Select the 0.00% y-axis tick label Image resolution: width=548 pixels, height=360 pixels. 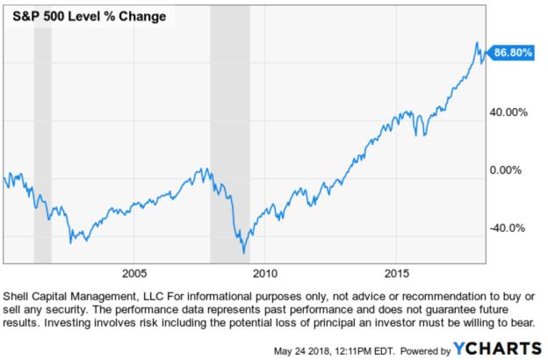(x=508, y=170)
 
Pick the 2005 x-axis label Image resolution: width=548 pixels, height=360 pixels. (x=133, y=272)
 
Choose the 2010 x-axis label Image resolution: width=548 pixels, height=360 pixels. (x=265, y=272)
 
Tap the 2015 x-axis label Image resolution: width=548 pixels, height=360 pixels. (x=397, y=272)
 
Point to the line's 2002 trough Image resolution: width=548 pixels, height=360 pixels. (x=71, y=241)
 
